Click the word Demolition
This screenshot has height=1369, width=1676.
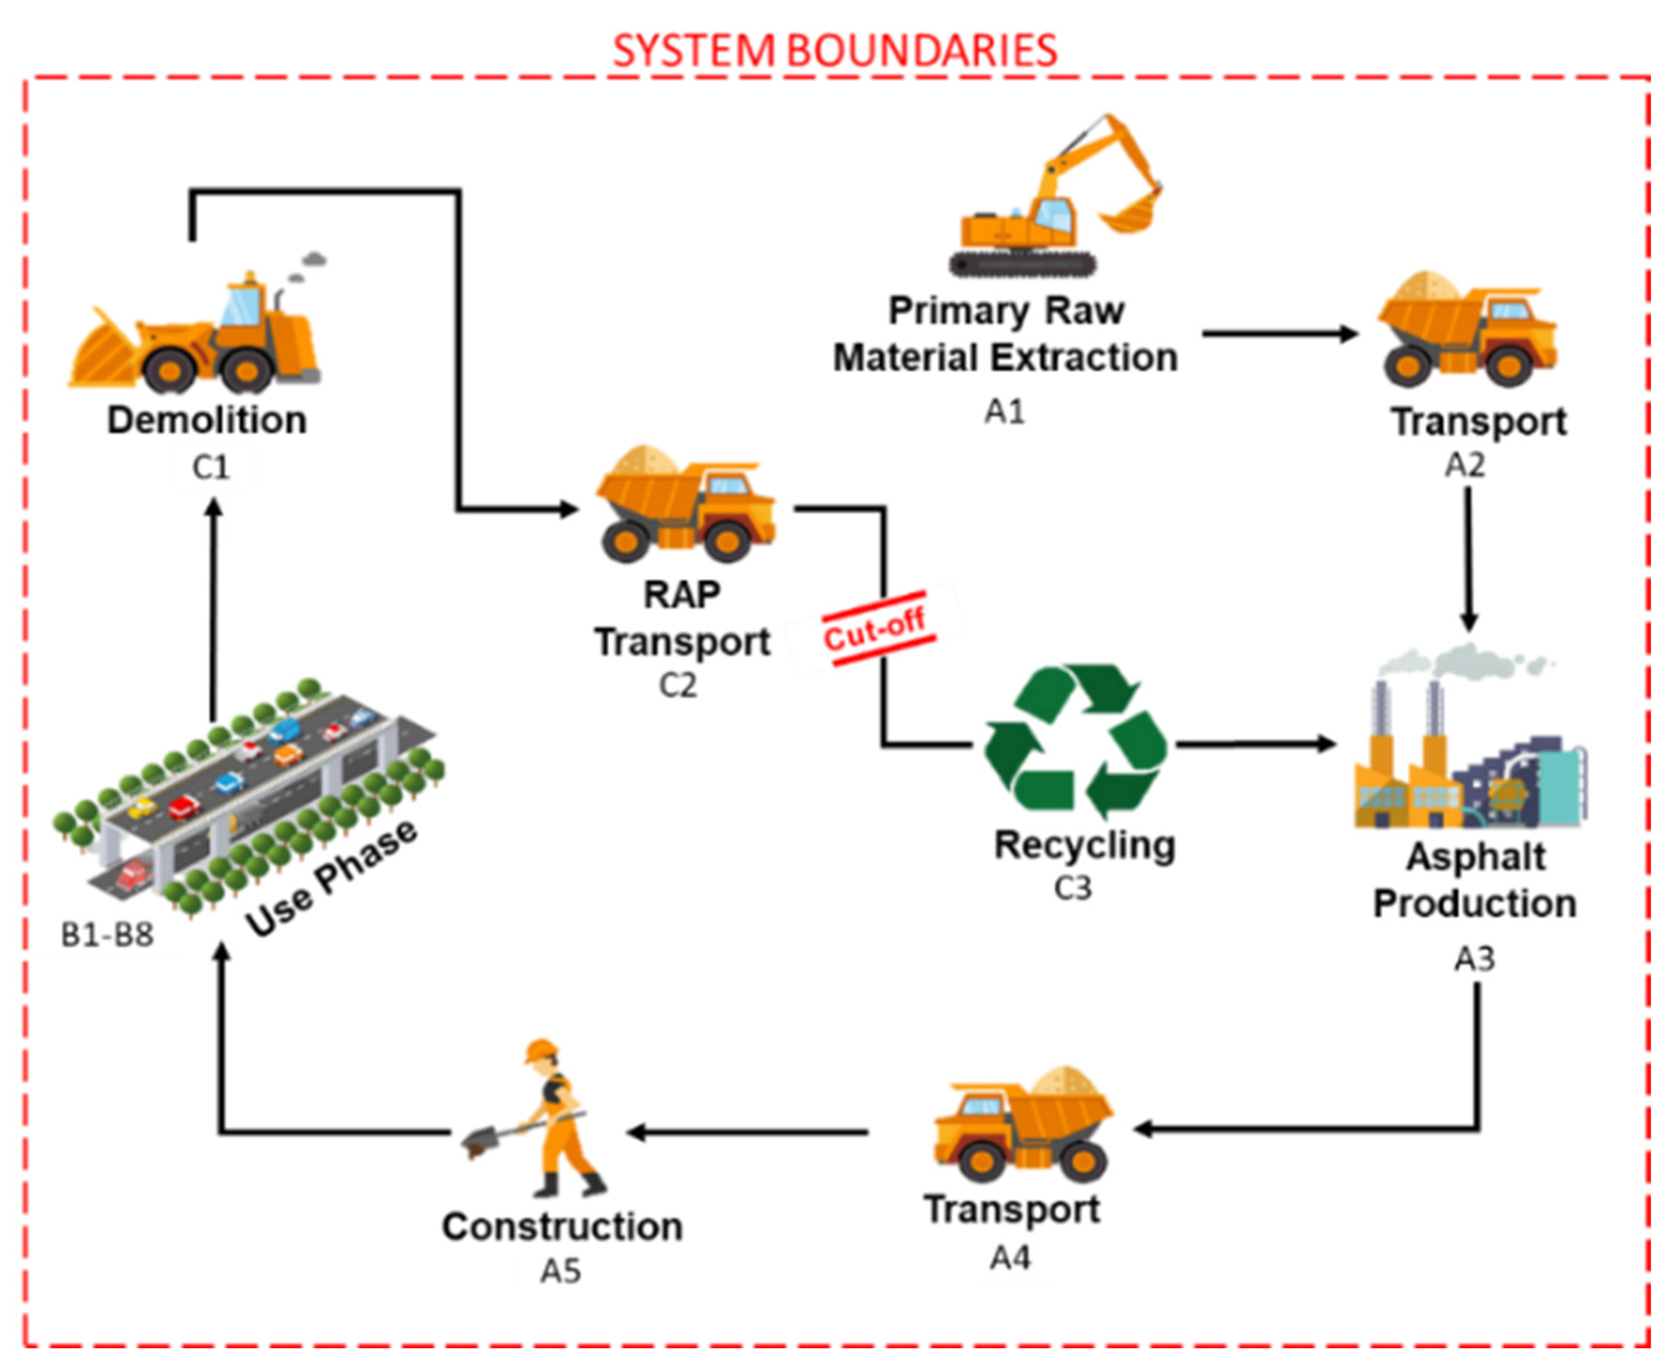click(207, 420)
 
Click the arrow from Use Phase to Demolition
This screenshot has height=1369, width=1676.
click(213, 607)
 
